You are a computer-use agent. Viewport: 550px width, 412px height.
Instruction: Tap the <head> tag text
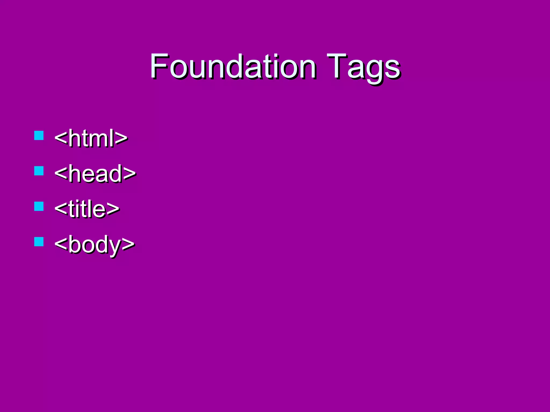[x=95, y=173]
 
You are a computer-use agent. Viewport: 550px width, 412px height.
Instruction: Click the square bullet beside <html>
[x=39, y=135]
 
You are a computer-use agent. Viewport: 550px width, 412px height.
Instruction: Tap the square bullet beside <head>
[x=39, y=171]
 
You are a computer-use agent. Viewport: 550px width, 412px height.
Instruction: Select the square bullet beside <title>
[x=39, y=206]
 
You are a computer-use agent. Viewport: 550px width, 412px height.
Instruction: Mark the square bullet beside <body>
[x=39, y=242]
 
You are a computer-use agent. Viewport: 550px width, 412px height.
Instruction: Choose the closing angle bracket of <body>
[x=128, y=244]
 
